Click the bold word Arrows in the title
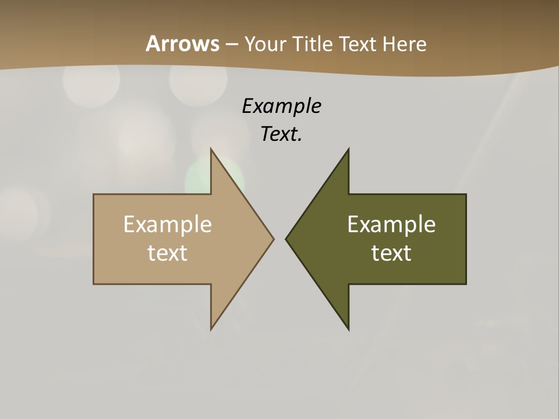click(182, 44)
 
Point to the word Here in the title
click(404, 44)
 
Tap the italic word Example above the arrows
click(282, 106)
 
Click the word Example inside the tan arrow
click(168, 225)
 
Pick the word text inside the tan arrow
click(168, 253)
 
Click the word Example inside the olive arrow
click(391, 225)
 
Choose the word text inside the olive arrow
click(391, 253)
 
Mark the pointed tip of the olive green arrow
click(286, 239)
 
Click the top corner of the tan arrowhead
click(211, 150)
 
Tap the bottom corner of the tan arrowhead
click(211, 329)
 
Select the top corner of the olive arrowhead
click(348, 150)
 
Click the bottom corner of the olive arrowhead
click(348, 329)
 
